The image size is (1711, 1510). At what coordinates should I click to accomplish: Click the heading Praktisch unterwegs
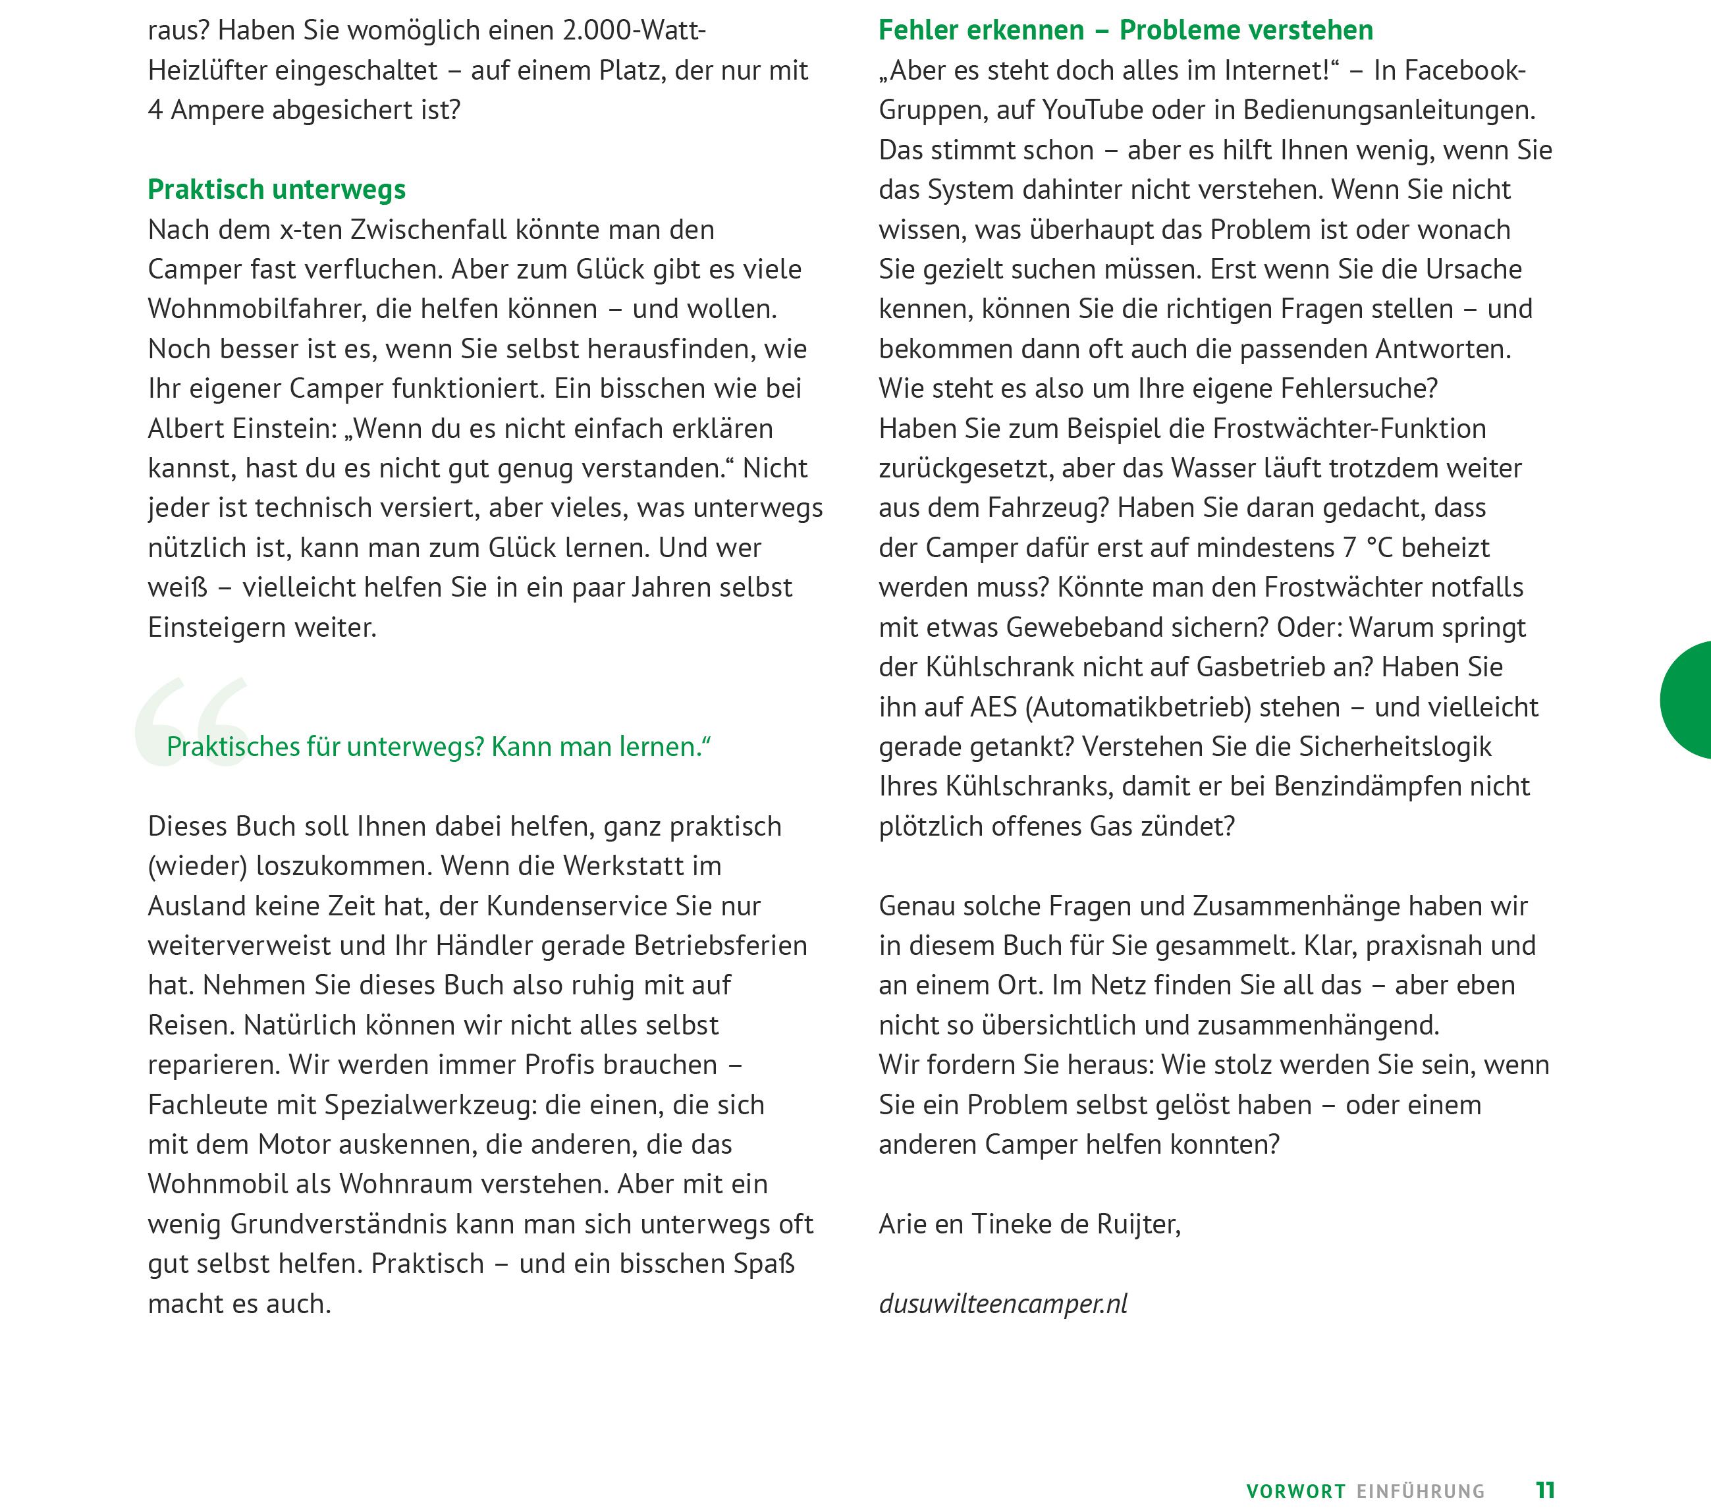[x=276, y=190]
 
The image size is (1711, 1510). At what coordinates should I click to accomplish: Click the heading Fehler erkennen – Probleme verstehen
[x=1125, y=31]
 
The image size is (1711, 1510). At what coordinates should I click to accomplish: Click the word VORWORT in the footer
[x=1295, y=1492]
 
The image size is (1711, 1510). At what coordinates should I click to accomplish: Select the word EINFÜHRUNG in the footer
[x=1421, y=1492]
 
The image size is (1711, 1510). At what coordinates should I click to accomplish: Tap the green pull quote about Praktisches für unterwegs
[x=438, y=747]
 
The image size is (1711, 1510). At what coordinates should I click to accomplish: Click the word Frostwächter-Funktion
[x=1349, y=429]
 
